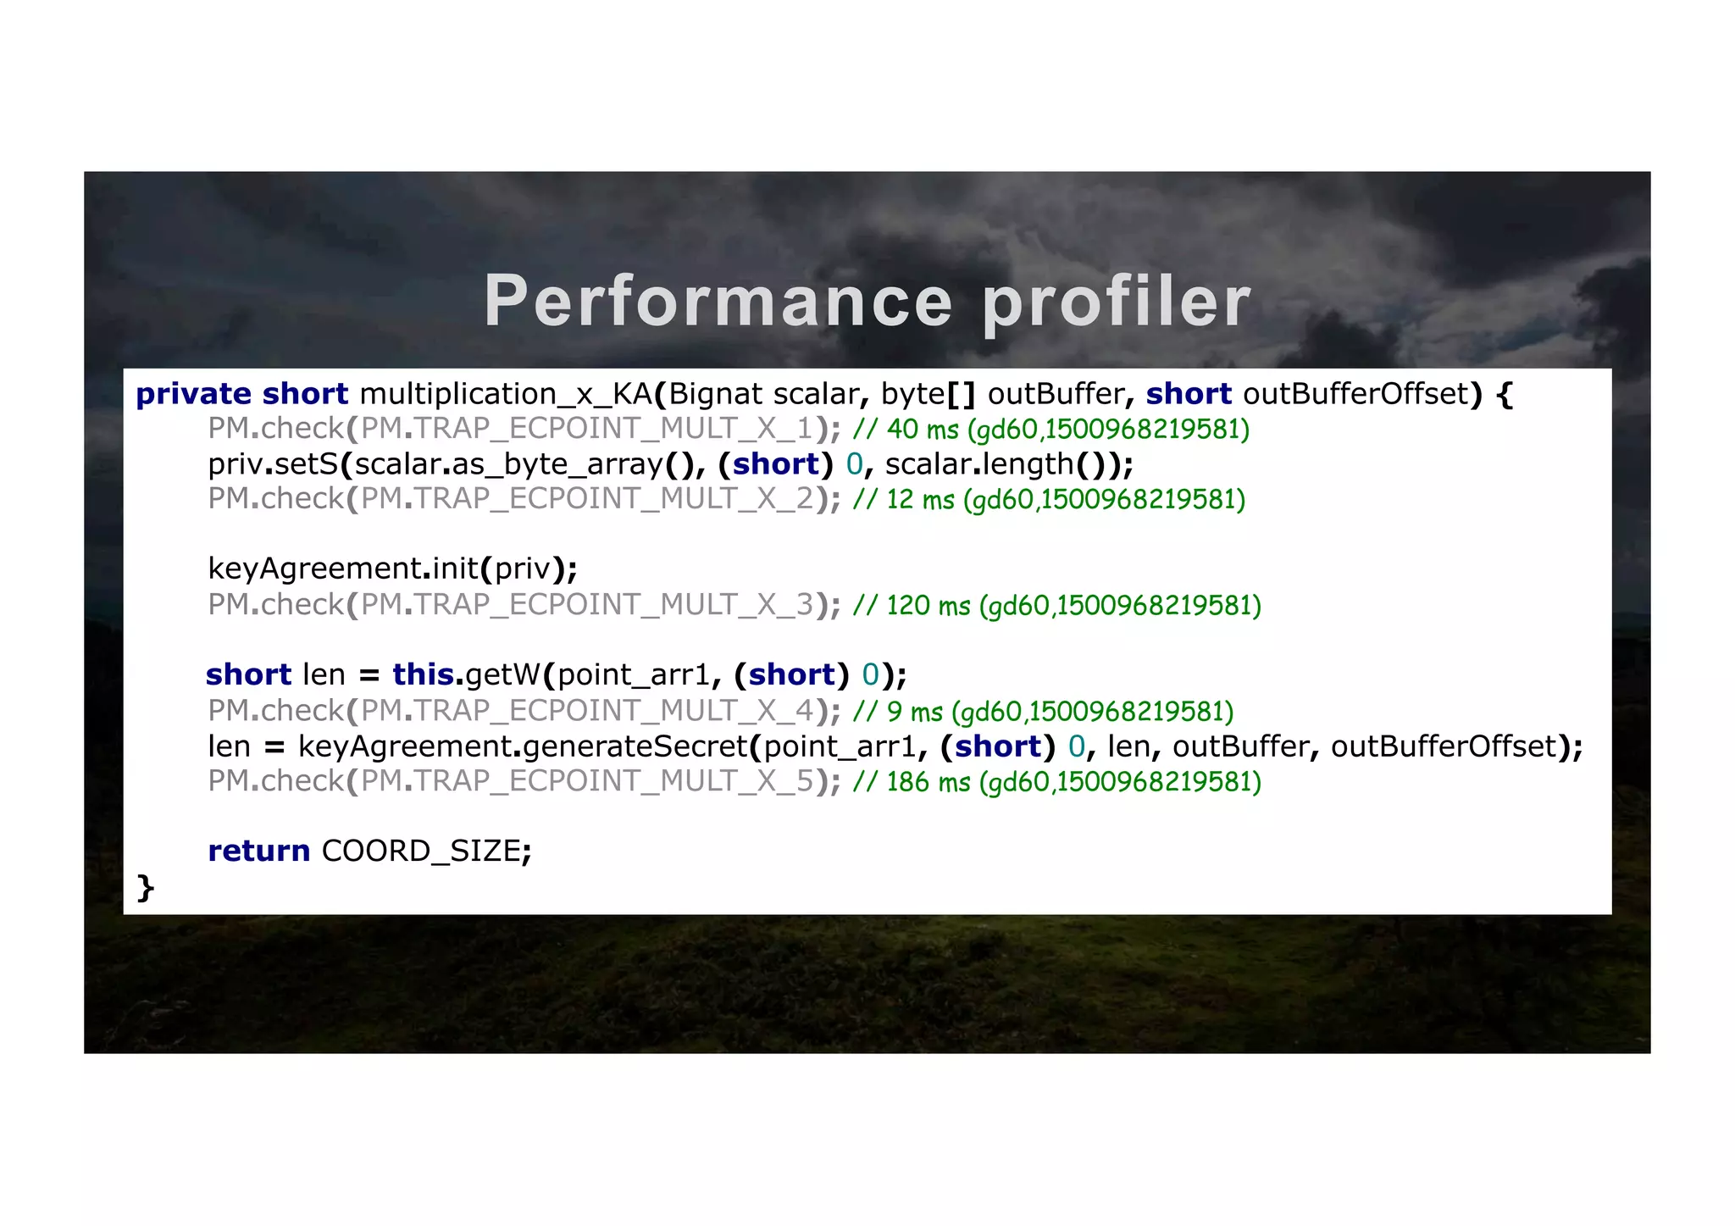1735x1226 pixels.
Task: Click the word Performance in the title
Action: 718,302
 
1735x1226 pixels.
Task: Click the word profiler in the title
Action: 1117,302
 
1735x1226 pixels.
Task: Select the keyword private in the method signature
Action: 193,394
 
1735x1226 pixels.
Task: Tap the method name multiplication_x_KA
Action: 506,394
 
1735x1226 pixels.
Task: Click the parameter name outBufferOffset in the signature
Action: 1355,394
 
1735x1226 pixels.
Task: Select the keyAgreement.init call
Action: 343,569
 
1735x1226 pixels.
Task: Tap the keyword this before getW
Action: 423,674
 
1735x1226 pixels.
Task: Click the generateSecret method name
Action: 635,746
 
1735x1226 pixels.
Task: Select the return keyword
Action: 258,851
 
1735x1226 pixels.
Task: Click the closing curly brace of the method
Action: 146,887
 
